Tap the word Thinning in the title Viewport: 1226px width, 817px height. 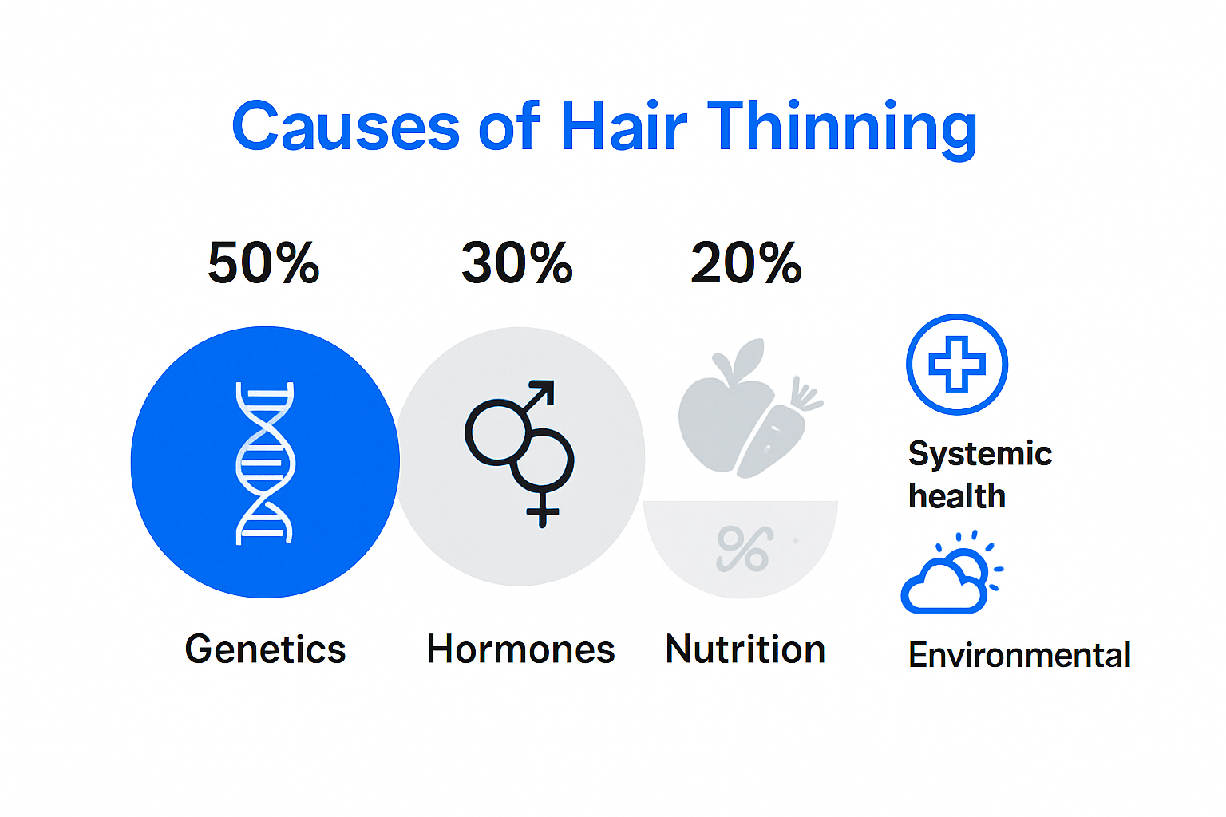pos(841,128)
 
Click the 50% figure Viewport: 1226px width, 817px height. pos(263,263)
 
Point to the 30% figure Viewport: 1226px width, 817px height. pos(517,263)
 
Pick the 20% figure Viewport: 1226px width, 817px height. pos(746,263)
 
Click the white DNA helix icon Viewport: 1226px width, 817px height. pos(265,463)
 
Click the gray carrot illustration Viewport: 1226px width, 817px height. pos(778,431)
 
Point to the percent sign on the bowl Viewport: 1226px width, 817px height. pos(744,549)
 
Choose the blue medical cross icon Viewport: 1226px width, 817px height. pos(957,365)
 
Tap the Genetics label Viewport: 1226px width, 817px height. pos(265,649)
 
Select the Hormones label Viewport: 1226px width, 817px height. pos(520,649)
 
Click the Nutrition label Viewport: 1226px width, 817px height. pos(745,649)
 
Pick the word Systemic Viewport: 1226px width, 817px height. pos(980,454)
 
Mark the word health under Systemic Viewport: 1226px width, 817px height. pos(957,496)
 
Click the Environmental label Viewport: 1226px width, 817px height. pos(1019,656)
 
